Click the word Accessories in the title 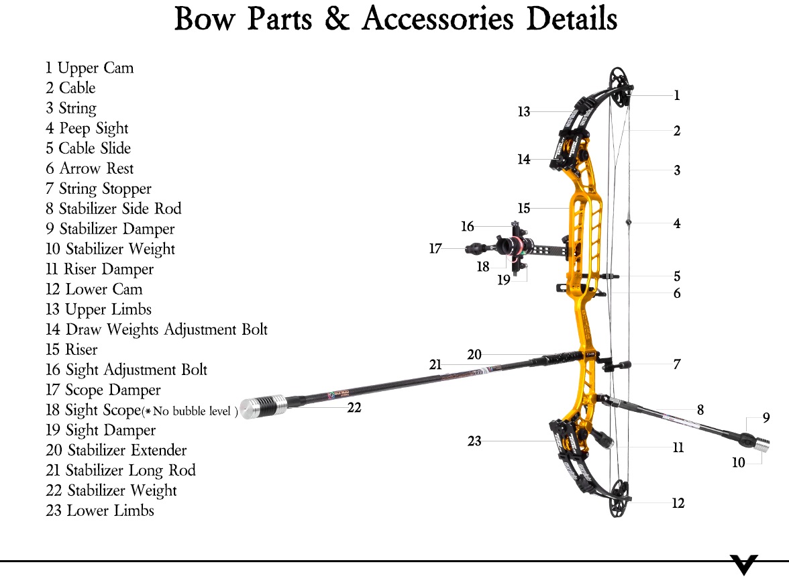437,19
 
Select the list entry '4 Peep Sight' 87,128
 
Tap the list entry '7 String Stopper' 98,189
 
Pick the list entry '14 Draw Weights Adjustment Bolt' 156,329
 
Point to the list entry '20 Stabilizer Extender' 116,449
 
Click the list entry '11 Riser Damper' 99,269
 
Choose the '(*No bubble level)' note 191,411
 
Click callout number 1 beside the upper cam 677,95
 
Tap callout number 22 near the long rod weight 354,407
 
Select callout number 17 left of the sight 435,248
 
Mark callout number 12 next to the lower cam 678,503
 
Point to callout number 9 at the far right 766,417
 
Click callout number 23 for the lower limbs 474,441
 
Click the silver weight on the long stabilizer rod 263,407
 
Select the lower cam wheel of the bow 619,498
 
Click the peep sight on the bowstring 629,222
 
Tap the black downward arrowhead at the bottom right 743,565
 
